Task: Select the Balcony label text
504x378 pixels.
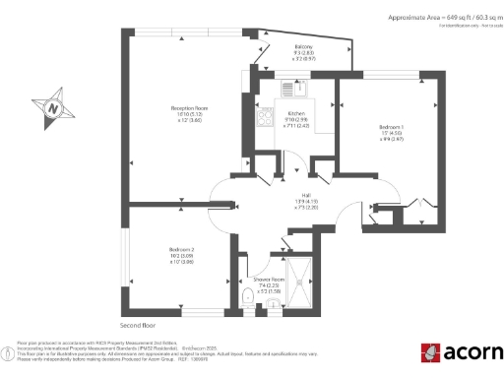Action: pyautogui.click(x=305, y=47)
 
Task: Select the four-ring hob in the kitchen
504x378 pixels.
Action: pyautogui.click(x=265, y=119)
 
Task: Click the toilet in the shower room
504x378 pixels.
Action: pyautogui.click(x=246, y=296)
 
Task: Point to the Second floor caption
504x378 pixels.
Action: pyautogui.click(x=140, y=324)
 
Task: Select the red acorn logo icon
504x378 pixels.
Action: pyautogui.click(x=429, y=353)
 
